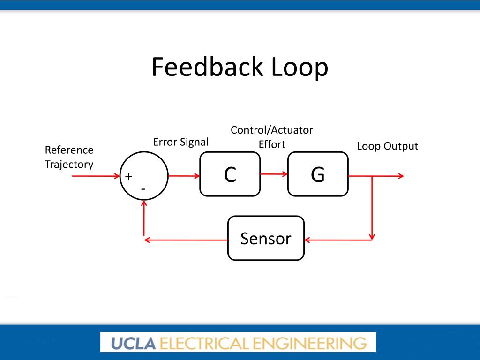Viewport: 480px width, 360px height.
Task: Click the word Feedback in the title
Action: (x=207, y=67)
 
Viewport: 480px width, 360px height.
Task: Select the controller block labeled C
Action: (x=230, y=174)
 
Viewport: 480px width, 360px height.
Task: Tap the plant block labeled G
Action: (x=317, y=174)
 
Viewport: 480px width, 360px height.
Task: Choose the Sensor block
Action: (x=266, y=238)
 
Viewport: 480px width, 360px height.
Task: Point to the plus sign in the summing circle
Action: (x=128, y=177)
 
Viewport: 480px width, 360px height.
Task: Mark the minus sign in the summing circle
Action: (x=143, y=188)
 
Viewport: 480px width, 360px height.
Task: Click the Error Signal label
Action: (x=180, y=142)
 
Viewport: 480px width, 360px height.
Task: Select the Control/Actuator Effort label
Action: (x=272, y=137)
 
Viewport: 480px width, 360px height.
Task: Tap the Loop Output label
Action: (x=387, y=146)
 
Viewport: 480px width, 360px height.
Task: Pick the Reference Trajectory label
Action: (x=69, y=157)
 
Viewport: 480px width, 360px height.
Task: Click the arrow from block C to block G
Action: (x=274, y=174)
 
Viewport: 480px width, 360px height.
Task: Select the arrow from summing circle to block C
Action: (x=183, y=176)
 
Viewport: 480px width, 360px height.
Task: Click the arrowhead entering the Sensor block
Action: (x=308, y=240)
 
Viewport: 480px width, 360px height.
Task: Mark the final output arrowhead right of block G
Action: (x=400, y=176)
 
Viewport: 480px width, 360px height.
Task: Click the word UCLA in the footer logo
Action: (x=134, y=343)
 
